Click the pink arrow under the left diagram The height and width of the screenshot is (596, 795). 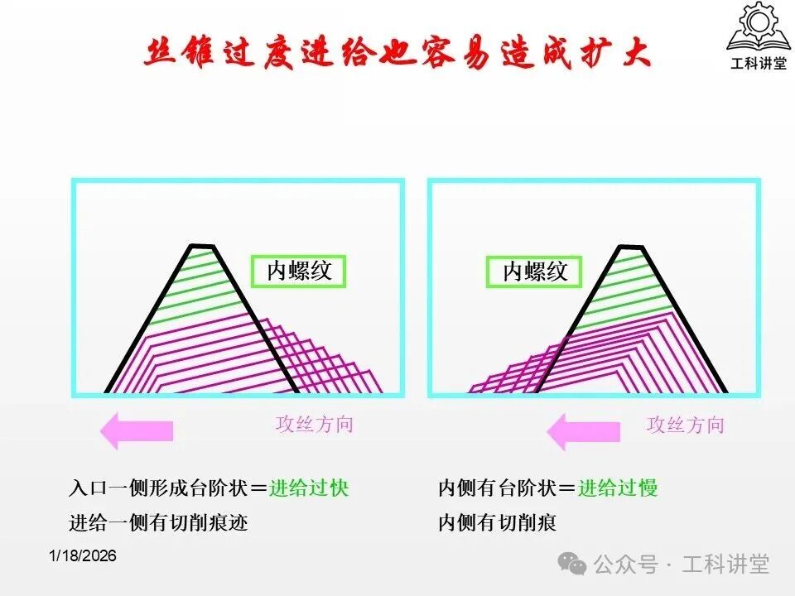[x=137, y=430]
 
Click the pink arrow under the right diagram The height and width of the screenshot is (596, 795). [x=584, y=431]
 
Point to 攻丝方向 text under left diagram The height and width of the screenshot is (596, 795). [x=314, y=425]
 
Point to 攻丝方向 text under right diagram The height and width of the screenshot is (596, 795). [x=685, y=425]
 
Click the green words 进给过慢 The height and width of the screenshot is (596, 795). [x=618, y=488]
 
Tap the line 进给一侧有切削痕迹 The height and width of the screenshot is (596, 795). [x=158, y=522]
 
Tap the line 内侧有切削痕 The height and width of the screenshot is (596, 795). [x=497, y=522]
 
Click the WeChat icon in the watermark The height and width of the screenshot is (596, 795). [x=572, y=565]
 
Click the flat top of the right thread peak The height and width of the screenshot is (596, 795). [x=631, y=246]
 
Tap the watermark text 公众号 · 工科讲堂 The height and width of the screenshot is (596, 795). [x=682, y=565]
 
